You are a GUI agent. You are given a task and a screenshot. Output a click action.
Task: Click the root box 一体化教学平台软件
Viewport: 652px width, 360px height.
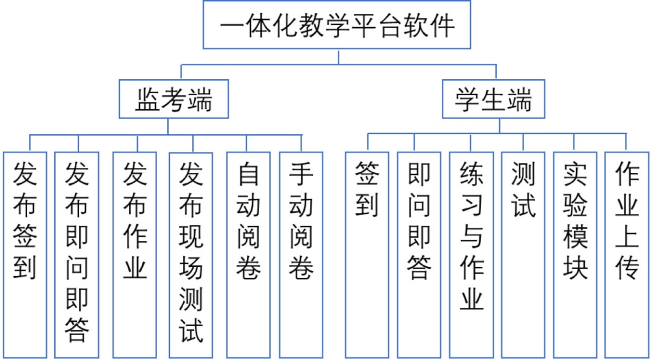point(337,25)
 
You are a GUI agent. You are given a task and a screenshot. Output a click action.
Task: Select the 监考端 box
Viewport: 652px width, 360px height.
point(174,100)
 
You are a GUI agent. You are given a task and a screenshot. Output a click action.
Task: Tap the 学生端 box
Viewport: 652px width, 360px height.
point(493,100)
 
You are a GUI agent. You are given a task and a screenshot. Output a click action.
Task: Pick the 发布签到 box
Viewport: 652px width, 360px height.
point(24,254)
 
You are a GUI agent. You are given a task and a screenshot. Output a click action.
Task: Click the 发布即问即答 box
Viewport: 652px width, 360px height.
point(77,254)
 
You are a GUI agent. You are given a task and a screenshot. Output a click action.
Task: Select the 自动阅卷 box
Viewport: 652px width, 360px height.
point(249,254)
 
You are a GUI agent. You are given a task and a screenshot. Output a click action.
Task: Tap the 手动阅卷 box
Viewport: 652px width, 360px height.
point(301,254)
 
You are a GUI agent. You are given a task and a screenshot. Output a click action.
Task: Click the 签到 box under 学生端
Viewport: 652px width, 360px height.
point(367,254)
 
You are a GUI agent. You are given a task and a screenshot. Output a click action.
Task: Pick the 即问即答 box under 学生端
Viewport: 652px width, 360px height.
point(419,254)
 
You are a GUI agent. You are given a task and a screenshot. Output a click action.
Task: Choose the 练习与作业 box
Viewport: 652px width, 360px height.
point(471,254)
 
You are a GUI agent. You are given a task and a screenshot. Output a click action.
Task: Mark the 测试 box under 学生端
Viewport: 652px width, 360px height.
point(523,254)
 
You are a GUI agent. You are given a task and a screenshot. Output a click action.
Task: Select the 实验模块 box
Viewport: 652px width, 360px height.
point(575,254)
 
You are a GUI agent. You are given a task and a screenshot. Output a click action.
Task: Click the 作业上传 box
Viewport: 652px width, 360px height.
point(627,254)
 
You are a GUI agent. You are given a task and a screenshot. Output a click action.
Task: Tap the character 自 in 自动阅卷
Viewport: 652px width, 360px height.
point(249,175)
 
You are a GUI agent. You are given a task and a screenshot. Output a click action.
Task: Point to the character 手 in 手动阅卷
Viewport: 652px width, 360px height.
point(301,175)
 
